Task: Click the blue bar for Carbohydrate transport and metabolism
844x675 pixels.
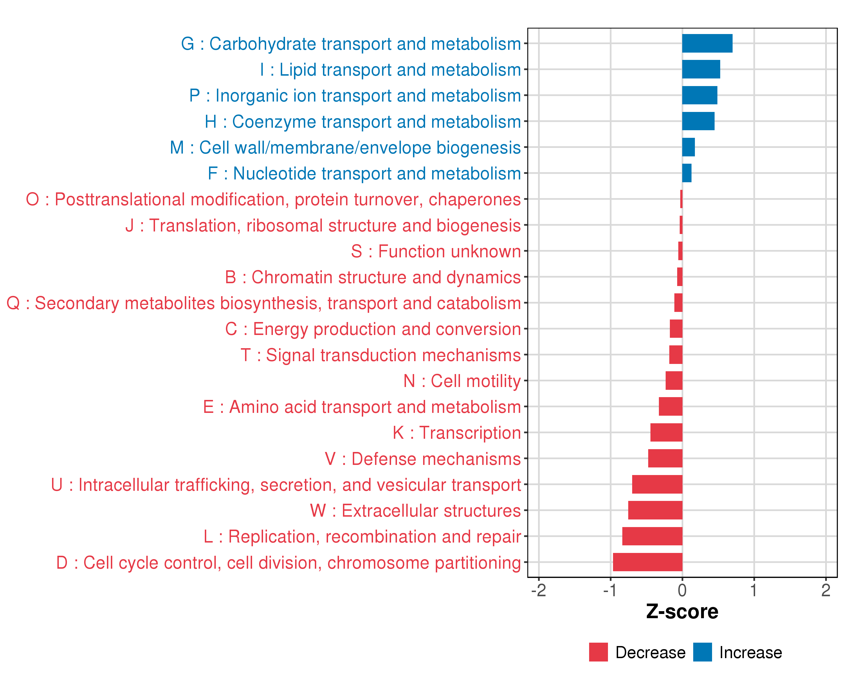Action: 707,43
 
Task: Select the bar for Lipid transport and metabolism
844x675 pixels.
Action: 701,69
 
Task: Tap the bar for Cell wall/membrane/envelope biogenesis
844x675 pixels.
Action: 688,147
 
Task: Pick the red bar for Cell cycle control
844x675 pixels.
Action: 647,562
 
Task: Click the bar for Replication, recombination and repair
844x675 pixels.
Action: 652,536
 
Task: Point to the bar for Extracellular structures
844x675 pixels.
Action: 655,510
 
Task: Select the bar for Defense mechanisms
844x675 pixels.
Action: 665,458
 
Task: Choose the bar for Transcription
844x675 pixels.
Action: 666,432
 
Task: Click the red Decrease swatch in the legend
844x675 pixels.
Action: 598,652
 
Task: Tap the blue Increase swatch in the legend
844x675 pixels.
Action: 702,652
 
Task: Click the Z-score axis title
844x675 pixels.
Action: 682,612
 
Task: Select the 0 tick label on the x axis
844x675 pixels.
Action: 682,590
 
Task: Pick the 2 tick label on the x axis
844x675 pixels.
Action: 826,590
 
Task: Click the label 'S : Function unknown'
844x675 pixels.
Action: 436,251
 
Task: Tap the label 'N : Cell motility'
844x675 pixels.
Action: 462,381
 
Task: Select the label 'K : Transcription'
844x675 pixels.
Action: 456,433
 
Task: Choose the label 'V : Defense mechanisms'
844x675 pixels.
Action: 423,459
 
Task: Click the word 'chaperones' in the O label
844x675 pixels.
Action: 474,200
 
